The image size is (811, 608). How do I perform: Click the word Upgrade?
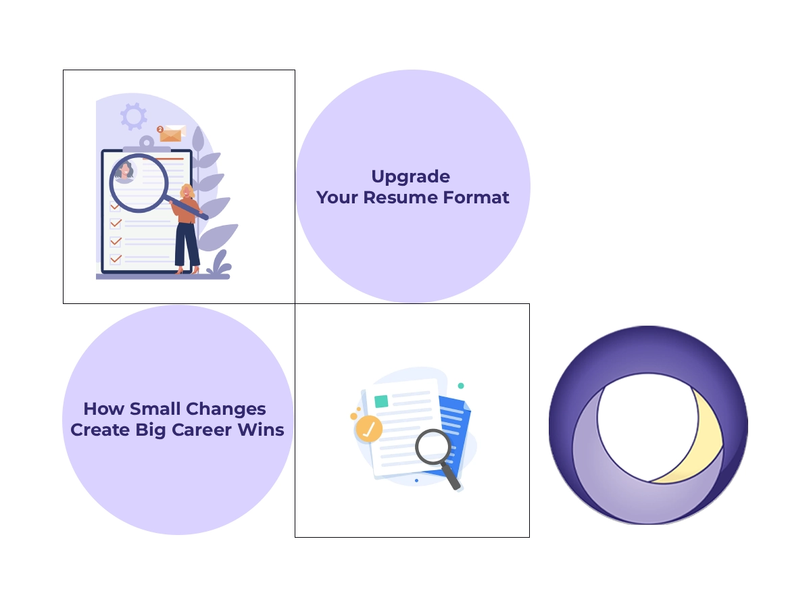[410, 177]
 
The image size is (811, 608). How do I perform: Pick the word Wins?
[266, 430]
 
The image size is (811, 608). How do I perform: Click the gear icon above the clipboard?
[133, 116]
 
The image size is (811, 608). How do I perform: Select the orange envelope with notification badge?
[172, 133]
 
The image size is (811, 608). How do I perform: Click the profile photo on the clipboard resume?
[124, 171]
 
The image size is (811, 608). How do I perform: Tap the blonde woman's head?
[187, 192]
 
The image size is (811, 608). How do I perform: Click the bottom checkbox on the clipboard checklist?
[116, 259]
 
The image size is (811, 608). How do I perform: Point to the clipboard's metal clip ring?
[147, 142]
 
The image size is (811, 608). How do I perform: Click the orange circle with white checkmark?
[369, 428]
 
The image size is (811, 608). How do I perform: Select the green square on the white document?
[381, 401]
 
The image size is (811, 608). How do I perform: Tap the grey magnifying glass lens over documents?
[433, 447]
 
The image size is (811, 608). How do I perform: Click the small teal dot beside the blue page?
[461, 386]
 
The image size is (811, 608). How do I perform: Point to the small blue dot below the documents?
[416, 480]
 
